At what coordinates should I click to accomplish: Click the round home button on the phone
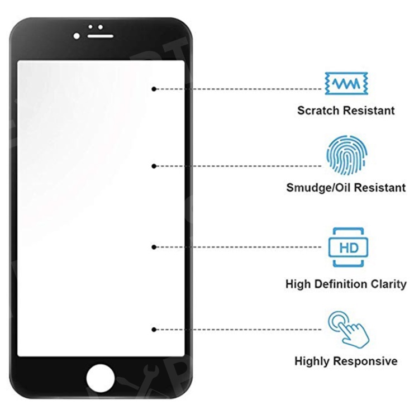point(101,378)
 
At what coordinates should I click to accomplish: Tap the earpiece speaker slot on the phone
point(101,36)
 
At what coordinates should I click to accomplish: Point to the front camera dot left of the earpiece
point(77,36)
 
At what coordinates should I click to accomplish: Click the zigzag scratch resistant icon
point(346,83)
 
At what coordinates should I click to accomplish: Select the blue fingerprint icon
point(346,155)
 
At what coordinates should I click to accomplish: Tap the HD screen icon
point(349,247)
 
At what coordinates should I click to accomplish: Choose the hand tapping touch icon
point(349,330)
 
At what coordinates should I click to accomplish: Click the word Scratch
point(318,111)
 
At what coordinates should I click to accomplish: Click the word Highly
point(312,361)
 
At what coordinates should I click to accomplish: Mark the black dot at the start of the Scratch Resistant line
point(154,89)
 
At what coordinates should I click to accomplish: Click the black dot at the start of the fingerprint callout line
point(154,166)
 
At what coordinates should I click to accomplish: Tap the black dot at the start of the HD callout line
point(154,247)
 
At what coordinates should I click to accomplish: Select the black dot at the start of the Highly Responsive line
point(154,330)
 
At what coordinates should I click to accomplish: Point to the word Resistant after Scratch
point(369,111)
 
